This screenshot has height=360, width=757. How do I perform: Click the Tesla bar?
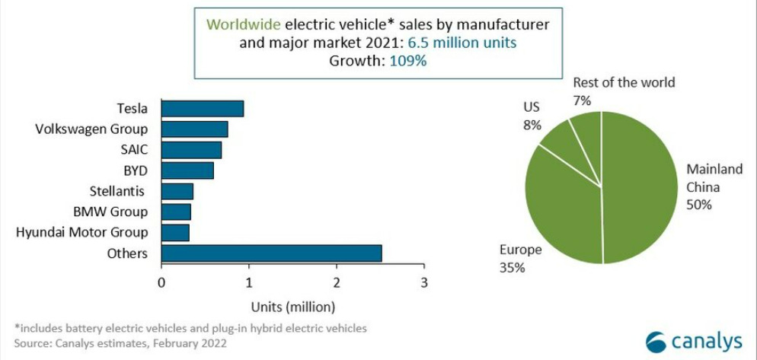[x=203, y=109]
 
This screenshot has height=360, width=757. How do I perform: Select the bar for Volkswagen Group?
[x=195, y=129]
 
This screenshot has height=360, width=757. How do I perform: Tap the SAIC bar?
[x=191, y=150]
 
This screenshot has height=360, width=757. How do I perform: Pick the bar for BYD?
[x=187, y=170]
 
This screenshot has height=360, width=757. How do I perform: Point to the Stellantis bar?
[x=177, y=191]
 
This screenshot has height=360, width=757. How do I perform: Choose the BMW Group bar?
[x=176, y=212]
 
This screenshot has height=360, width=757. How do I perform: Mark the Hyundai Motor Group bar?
[x=175, y=232]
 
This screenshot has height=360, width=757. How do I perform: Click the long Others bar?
[x=271, y=253]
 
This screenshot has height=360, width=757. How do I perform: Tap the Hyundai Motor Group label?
[x=82, y=232]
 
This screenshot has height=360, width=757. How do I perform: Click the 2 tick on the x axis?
[x=337, y=282]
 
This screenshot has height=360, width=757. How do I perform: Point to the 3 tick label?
[x=424, y=282]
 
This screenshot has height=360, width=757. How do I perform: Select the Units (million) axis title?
[x=293, y=307]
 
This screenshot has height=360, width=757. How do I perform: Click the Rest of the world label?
[x=624, y=82]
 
